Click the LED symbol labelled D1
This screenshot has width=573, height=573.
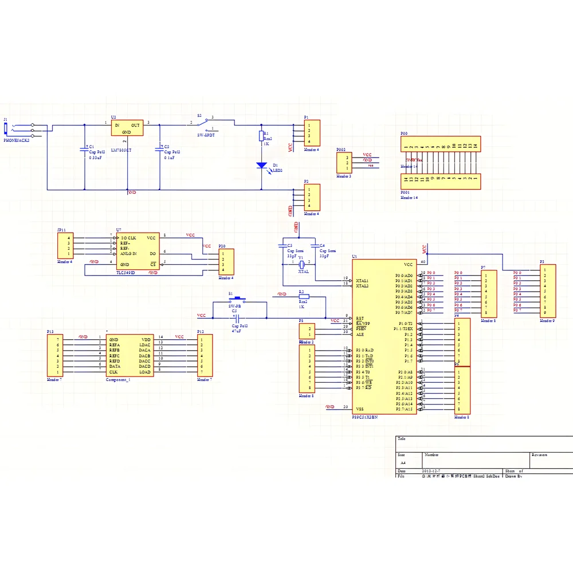262,165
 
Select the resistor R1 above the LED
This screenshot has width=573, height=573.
261,136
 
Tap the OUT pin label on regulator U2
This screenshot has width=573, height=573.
135,125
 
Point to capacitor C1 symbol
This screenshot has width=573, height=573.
84,150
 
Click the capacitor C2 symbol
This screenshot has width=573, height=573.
159,150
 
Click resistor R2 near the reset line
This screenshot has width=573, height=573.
304,297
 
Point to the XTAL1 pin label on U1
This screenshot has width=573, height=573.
362,280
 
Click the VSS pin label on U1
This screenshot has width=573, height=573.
359,409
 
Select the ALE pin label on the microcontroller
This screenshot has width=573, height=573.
360,334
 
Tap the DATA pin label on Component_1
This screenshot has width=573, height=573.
114,367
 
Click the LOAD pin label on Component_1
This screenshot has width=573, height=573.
144,372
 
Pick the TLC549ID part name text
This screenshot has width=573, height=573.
125,273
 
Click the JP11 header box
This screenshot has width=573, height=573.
65,245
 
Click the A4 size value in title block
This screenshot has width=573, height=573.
403,462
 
